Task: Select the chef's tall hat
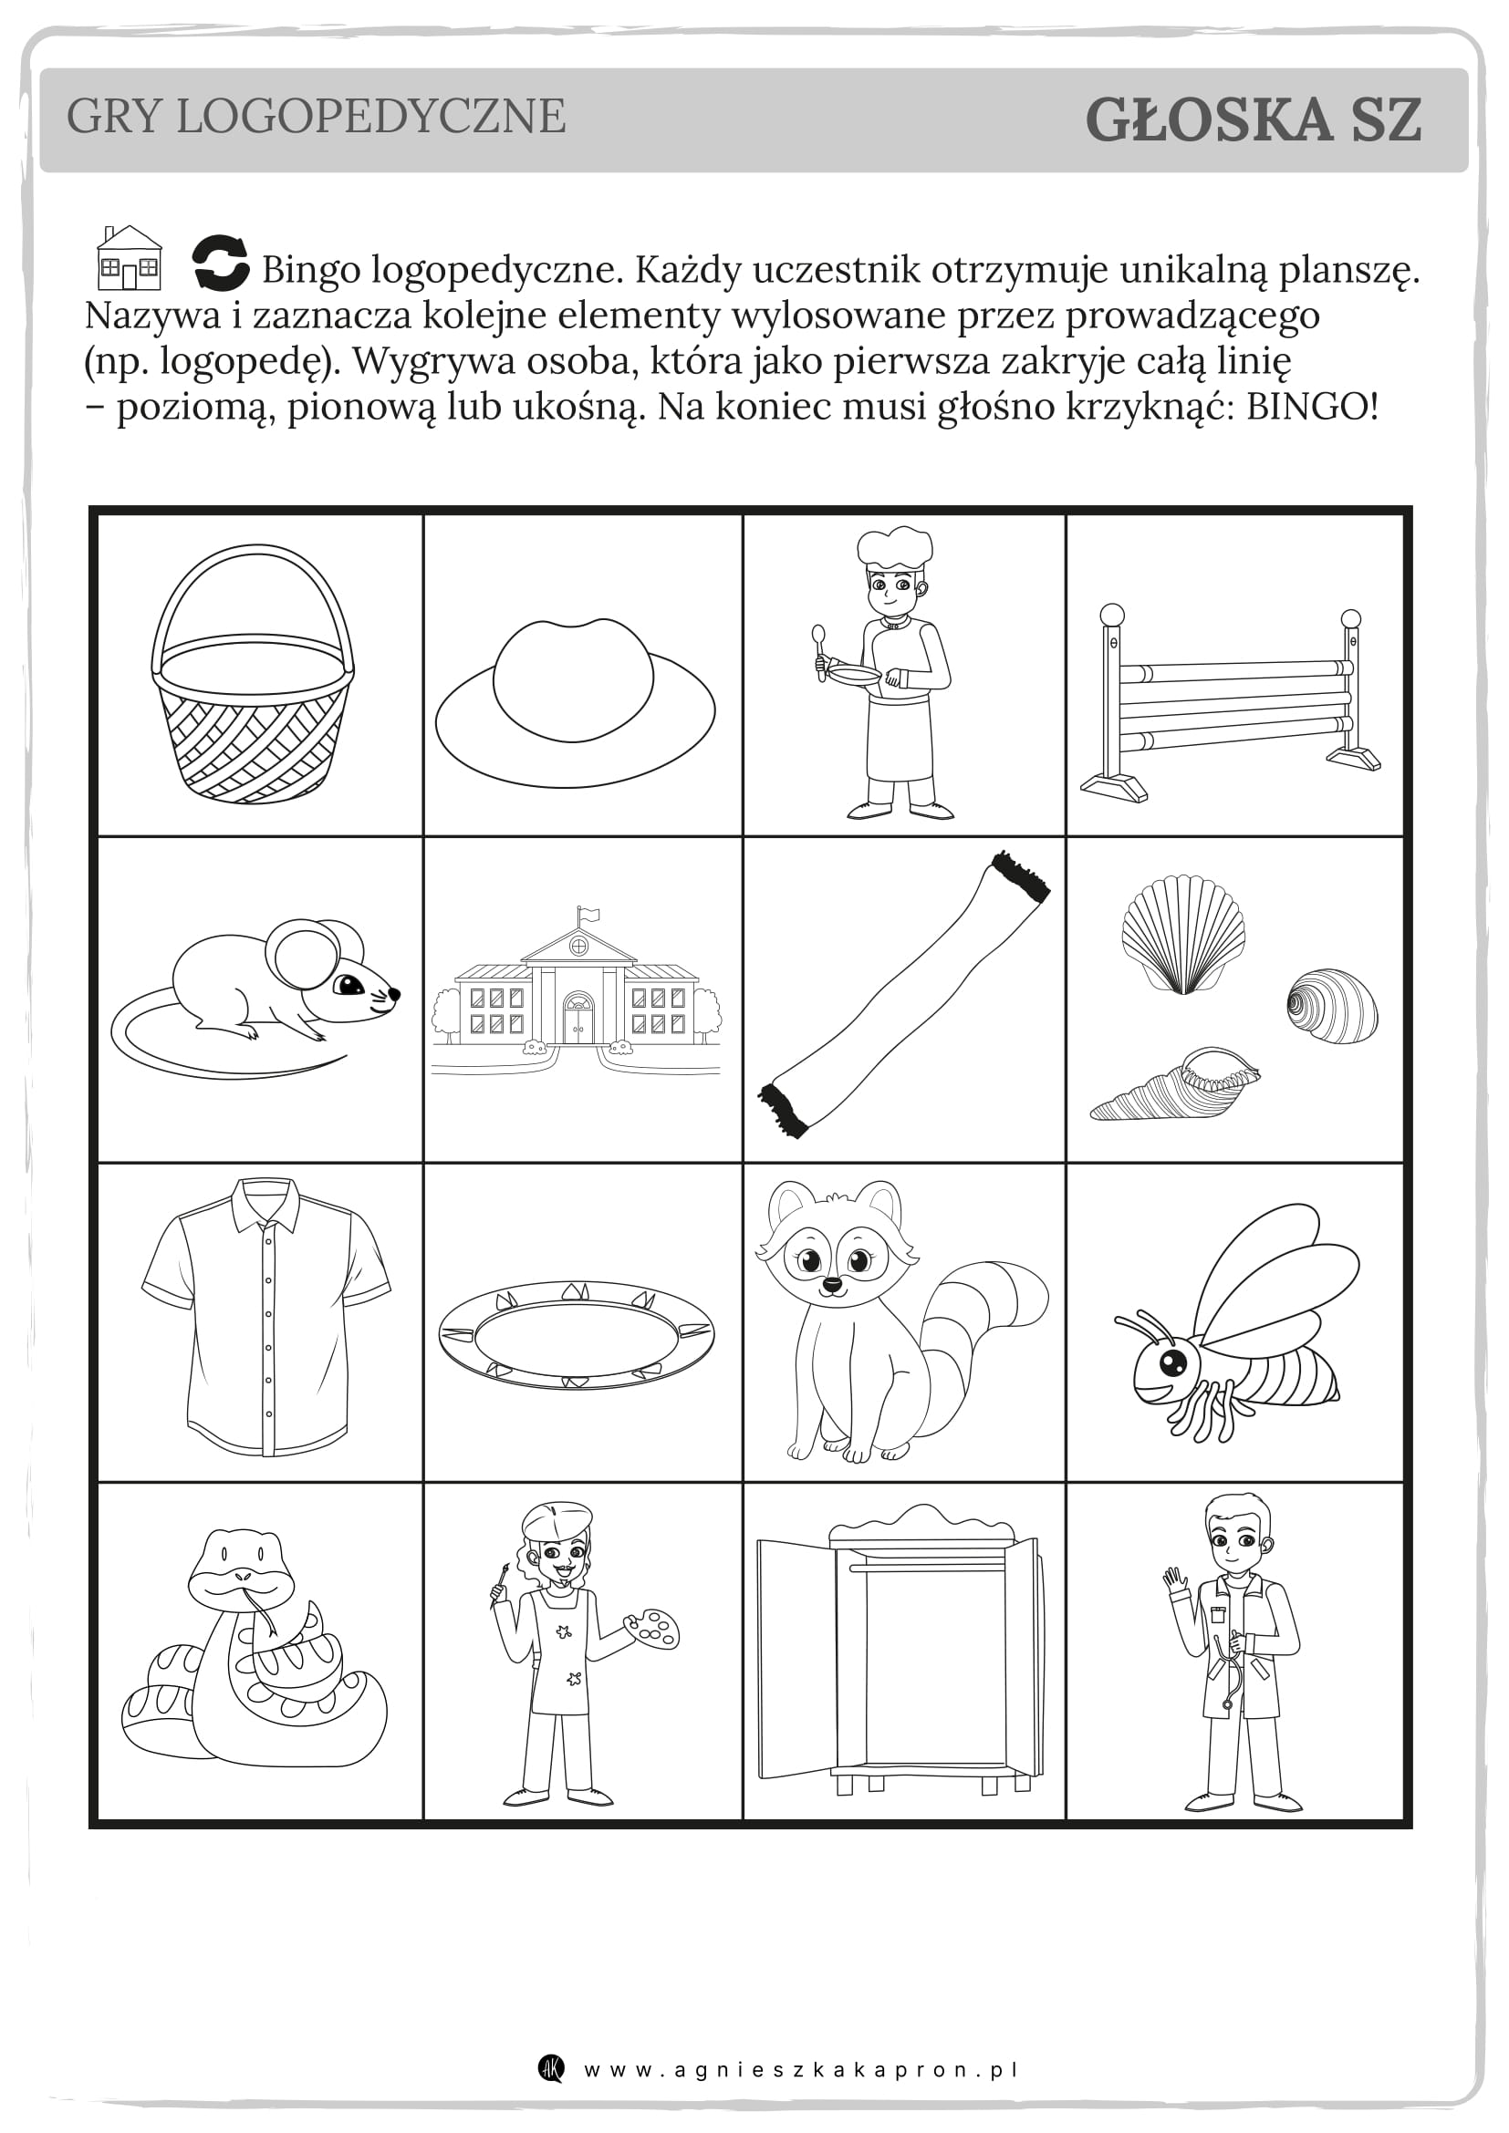[894, 548]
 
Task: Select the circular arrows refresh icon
[220, 263]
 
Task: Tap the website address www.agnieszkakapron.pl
[801, 2070]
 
